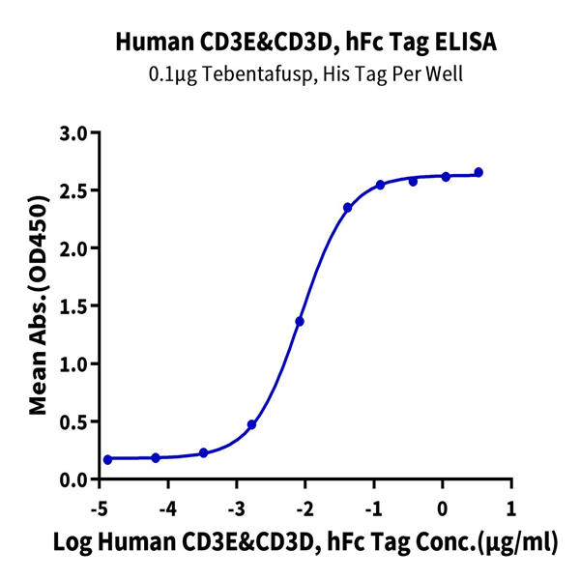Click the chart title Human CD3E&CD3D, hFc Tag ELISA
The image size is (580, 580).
coord(289,42)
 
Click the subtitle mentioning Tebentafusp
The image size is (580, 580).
coord(289,74)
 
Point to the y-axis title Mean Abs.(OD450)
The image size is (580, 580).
coord(40,306)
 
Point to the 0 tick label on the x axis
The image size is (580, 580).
coord(443,508)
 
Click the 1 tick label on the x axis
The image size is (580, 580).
coord(511,508)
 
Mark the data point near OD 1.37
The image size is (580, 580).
coord(300,321)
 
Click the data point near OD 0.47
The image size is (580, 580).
coord(252,424)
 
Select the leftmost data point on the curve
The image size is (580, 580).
coord(107,459)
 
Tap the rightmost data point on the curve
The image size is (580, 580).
coord(478,172)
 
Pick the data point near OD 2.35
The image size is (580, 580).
coord(348,208)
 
